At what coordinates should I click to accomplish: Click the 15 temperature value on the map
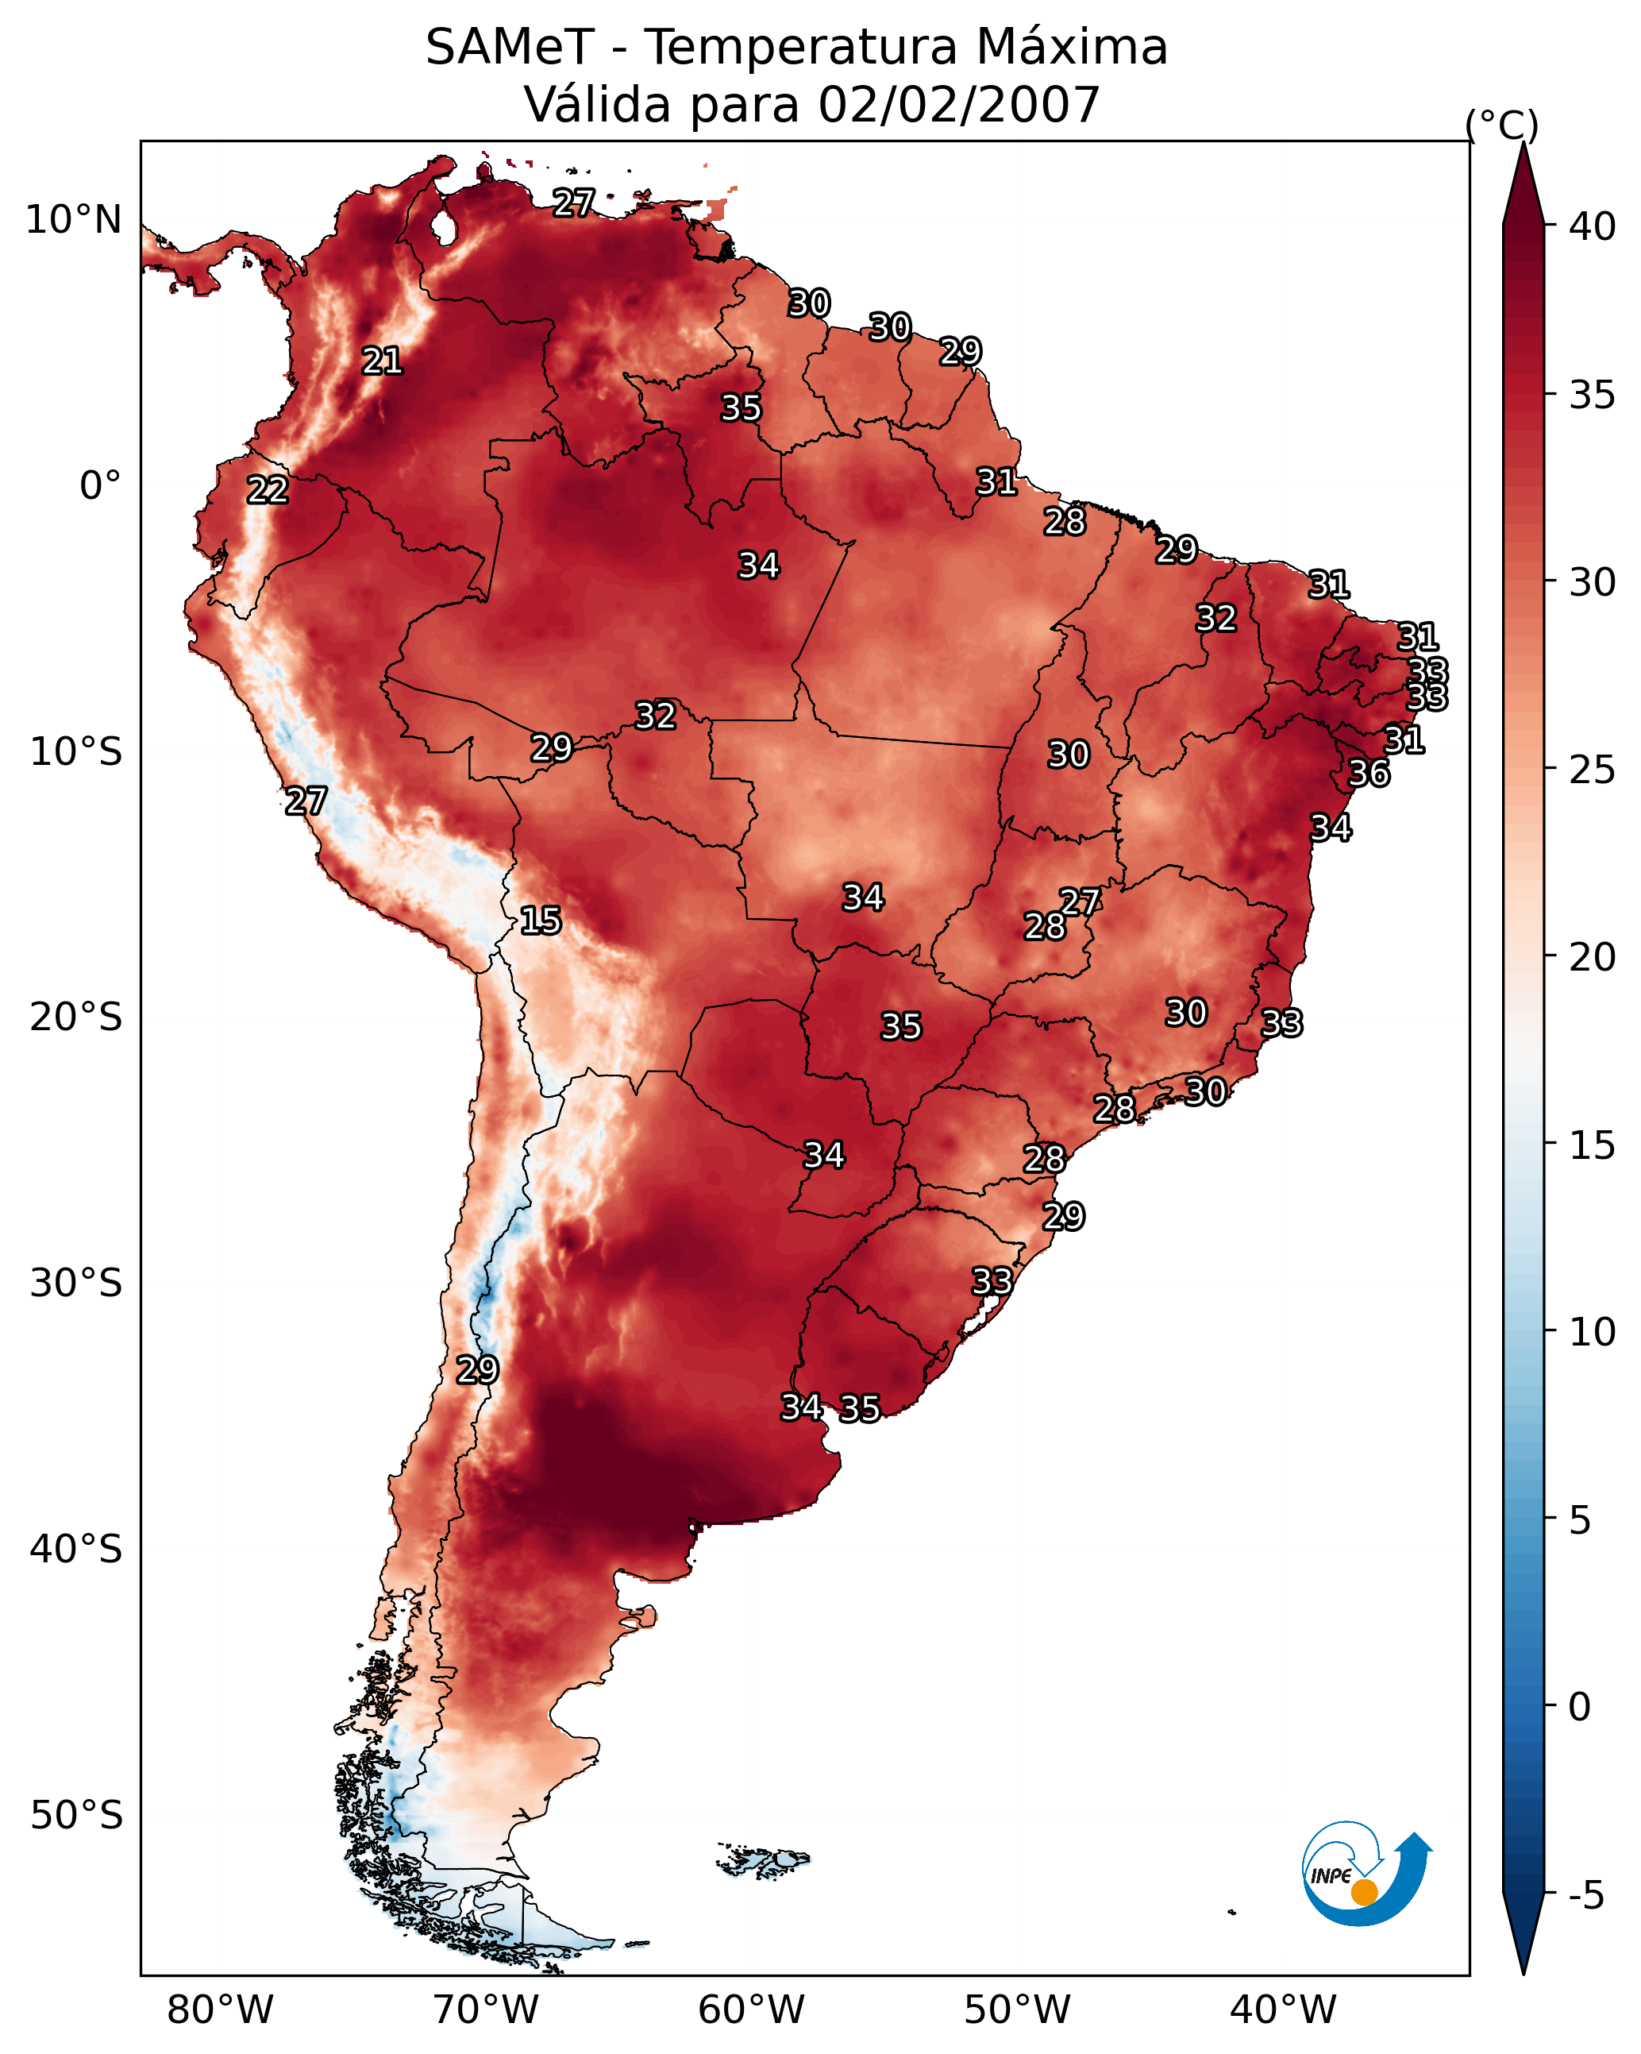pos(540,921)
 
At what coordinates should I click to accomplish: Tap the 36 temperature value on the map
pos(1369,774)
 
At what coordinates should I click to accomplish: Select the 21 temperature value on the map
pos(382,361)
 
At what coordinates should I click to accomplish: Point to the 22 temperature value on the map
pos(268,490)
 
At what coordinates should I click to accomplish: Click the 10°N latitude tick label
pos(73,220)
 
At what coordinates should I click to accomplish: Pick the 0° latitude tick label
pos(100,486)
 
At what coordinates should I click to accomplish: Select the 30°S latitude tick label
pos(76,1284)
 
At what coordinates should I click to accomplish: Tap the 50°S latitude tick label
pos(76,1816)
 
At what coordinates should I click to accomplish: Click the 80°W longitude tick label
pos(220,2010)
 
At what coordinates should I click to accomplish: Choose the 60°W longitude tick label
pos(752,2010)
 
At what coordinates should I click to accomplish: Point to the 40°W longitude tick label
pos(1283,2010)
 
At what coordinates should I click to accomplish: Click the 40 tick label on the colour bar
pos(1592,226)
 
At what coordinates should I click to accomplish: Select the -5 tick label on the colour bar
pos(1585,1896)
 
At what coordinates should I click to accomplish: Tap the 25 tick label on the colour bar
pos(1592,770)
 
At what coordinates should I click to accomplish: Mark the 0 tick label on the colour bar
pos(1579,1706)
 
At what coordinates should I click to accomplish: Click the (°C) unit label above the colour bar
pos(1502,125)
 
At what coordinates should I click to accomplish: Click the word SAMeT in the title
pos(510,48)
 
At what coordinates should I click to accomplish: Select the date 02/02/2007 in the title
pos(959,105)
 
